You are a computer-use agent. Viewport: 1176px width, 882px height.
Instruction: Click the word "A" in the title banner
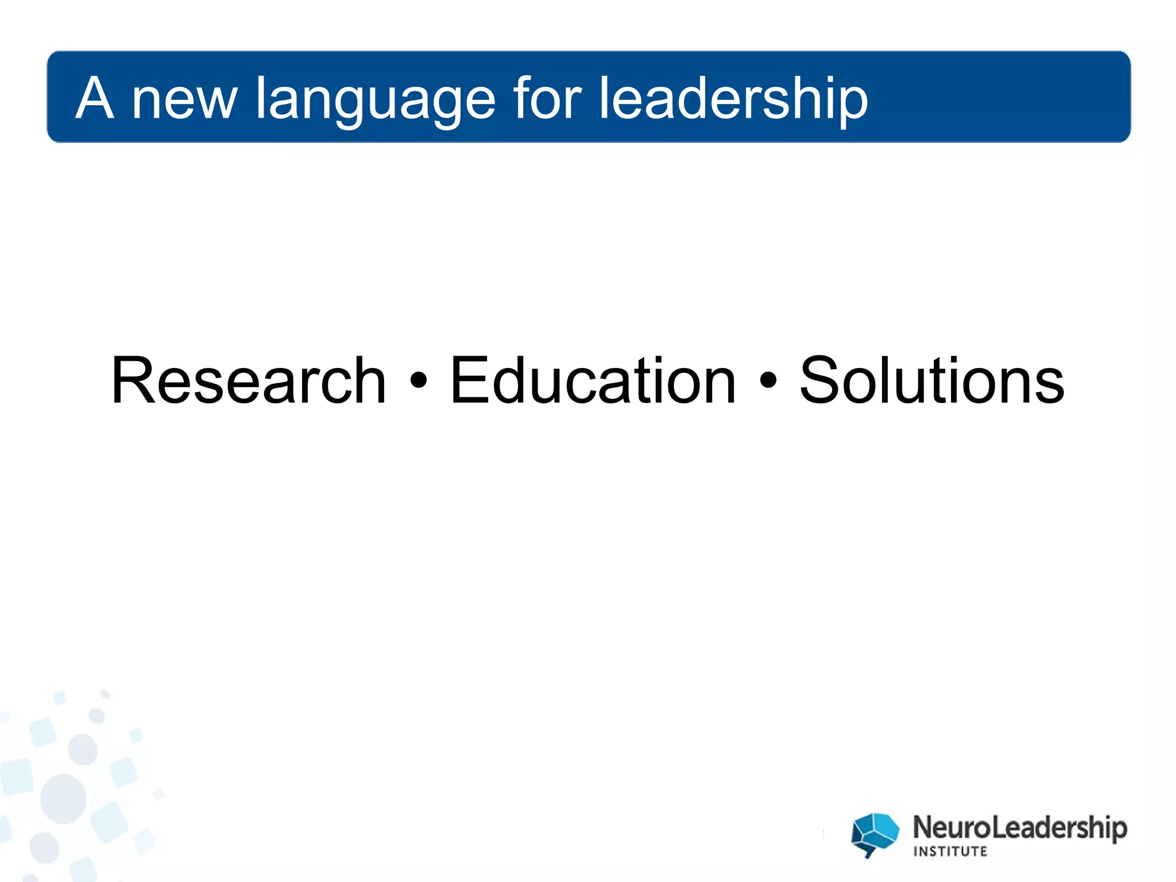pos(95,98)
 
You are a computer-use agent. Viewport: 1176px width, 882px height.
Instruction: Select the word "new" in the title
pos(184,102)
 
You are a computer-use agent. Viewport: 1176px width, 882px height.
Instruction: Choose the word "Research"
pos(249,381)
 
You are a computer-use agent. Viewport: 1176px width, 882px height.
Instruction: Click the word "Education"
pos(593,381)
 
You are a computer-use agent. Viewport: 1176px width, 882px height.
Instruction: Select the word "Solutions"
pos(932,381)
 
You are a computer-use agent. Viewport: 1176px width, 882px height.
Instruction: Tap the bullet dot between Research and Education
pos(419,381)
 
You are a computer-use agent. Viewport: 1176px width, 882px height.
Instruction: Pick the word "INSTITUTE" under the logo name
pos(950,851)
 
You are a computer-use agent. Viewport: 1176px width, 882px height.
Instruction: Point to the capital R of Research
pos(131,381)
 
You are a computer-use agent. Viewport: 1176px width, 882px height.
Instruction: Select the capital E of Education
pos(468,381)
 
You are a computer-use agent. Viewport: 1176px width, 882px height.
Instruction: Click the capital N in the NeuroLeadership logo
pos(924,827)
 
